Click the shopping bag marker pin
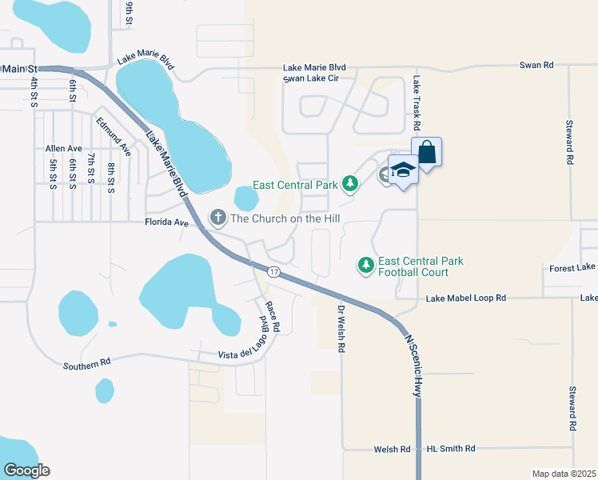coord(427,152)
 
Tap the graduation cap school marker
coord(402,170)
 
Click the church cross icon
coord(217,218)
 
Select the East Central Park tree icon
coord(349,185)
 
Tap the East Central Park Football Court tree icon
coord(365,265)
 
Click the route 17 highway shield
coord(274,273)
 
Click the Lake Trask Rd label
coord(417,103)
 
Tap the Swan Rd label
coord(536,65)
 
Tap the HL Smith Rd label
coord(451,450)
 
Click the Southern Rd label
coord(87,364)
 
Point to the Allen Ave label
coord(64,149)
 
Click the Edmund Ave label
coord(113,137)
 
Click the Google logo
coord(26,470)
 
